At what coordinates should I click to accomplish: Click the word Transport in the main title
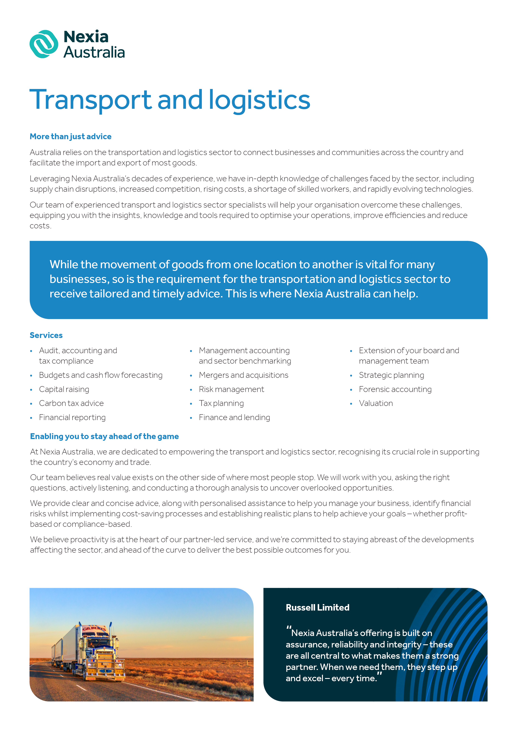pos(90,100)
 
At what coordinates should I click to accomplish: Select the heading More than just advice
pos(70,136)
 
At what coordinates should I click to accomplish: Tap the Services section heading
pos(46,335)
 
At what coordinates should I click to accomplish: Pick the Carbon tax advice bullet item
pos(71,403)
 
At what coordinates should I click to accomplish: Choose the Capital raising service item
pos(64,389)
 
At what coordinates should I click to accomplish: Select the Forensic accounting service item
pos(395,389)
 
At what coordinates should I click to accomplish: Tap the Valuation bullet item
pos(376,403)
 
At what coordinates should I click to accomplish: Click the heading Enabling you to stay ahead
pos(104,437)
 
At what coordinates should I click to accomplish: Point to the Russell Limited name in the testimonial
pos(317,607)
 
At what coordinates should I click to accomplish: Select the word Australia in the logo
pos(94,53)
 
